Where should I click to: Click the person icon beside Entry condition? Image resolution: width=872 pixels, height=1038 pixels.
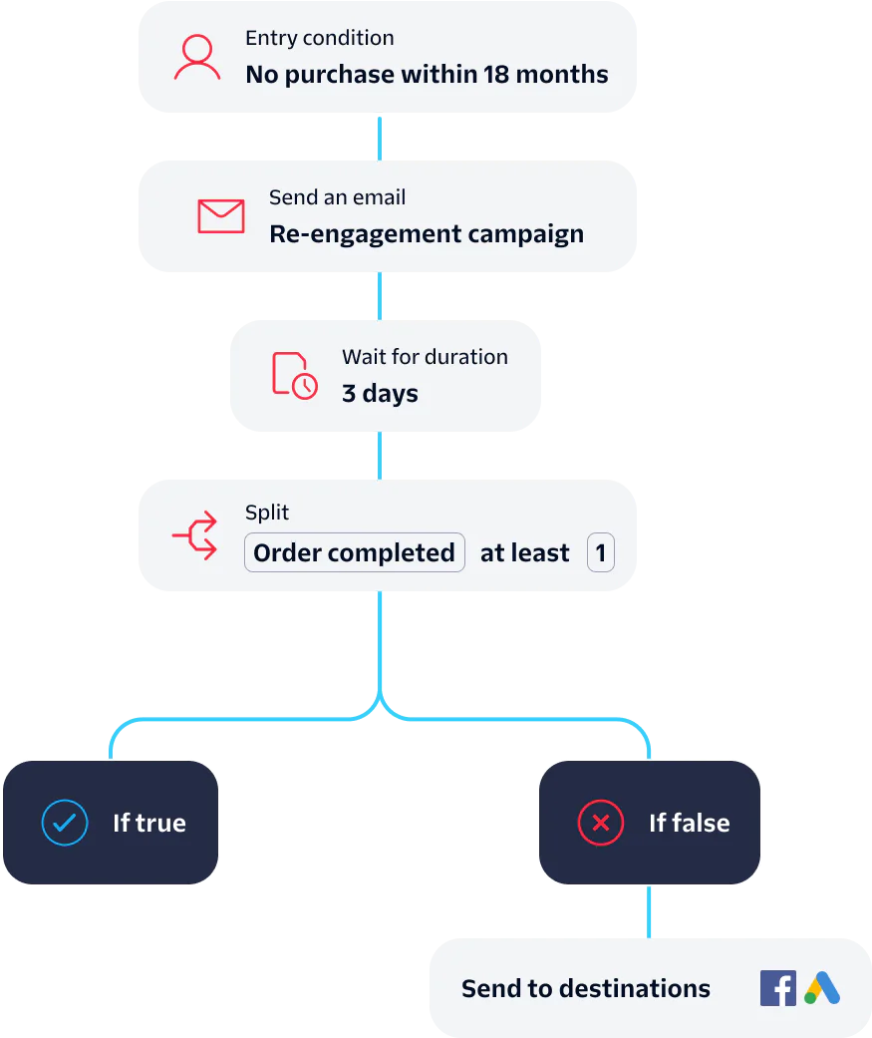(197, 58)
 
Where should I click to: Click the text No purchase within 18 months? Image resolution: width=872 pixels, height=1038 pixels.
(427, 75)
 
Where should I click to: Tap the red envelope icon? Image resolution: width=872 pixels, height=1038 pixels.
(221, 216)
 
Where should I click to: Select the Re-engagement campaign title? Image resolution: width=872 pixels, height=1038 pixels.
(427, 234)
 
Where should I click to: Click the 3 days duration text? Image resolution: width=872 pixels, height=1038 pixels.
(380, 394)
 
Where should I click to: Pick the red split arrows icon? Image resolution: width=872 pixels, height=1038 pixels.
(195, 535)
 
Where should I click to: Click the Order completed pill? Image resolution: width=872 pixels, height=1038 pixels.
(355, 553)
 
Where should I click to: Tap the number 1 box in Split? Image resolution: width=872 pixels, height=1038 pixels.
(600, 553)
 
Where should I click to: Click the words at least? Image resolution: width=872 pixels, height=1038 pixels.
(525, 553)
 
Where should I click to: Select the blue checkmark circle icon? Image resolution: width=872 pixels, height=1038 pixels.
(65, 823)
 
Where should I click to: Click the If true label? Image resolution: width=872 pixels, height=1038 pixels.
(149, 823)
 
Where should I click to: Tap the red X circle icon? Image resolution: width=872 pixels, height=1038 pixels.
(601, 823)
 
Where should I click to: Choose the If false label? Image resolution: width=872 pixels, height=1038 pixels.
(690, 823)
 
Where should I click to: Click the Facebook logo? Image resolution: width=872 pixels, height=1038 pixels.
(778, 988)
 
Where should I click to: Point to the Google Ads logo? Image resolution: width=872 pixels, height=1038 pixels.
(822, 988)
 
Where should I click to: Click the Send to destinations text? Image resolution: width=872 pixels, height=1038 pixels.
(586, 989)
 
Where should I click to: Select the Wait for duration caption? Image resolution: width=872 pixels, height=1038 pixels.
(425, 357)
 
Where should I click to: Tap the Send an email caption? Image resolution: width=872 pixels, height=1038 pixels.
(337, 197)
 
